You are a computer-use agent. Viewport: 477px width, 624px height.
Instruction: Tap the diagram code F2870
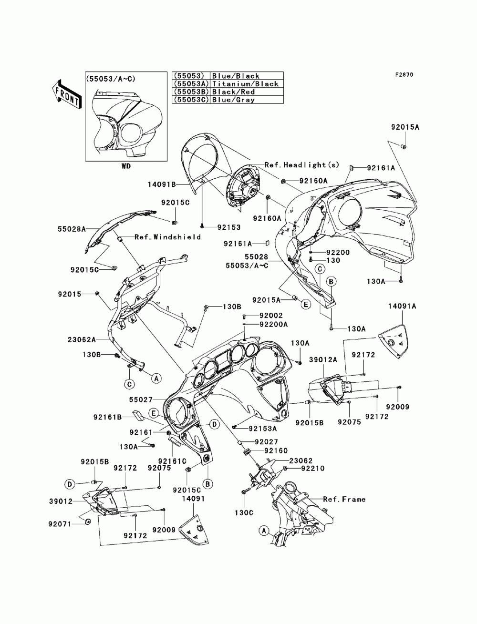(x=404, y=75)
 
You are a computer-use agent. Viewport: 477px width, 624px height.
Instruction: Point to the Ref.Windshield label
(x=167, y=237)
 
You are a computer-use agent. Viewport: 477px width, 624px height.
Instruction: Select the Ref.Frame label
(x=344, y=499)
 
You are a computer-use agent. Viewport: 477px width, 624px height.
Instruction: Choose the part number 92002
(x=271, y=316)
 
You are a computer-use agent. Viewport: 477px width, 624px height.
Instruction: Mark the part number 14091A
(x=401, y=307)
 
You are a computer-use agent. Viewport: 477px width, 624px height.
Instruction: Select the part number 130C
(x=244, y=514)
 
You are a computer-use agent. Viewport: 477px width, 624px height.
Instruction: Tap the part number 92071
(x=60, y=524)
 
